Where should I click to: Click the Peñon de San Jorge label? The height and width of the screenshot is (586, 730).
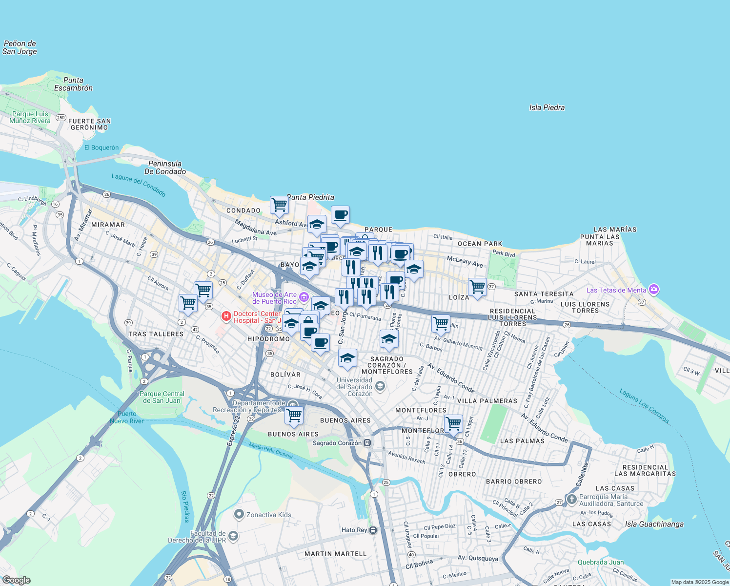[20, 47]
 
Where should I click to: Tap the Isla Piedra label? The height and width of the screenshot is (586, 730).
[547, 107]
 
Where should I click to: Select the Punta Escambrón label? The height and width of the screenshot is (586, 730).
[73, 84]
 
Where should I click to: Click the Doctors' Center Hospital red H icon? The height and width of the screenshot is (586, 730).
[226, 316]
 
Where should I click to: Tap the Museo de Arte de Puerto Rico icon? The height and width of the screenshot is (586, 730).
[304, 297]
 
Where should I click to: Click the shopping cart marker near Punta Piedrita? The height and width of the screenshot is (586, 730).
[279, 205]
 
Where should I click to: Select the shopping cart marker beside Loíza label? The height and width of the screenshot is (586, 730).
[477, 287]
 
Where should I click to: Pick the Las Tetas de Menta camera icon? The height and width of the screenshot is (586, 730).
[654, 290]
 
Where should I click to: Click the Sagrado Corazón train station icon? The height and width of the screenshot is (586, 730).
[367, 443]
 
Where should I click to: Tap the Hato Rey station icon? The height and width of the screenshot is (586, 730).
[373, 530]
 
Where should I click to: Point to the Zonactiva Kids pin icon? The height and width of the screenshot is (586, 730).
[239, 514]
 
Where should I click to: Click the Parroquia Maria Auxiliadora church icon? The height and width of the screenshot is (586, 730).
[571, 499]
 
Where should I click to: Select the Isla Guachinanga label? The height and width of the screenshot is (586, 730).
[654, 524]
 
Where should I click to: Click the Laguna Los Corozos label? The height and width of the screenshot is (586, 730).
[644, 406]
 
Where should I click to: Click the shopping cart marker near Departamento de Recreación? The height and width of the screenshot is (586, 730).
[294, 415]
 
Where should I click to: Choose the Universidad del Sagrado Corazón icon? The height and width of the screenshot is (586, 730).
[380, 387]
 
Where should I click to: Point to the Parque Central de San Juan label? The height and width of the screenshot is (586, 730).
[162, 397]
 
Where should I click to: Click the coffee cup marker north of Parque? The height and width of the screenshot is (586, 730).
[340, 214]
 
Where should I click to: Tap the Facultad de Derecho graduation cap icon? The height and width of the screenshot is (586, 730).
[233, 536]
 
